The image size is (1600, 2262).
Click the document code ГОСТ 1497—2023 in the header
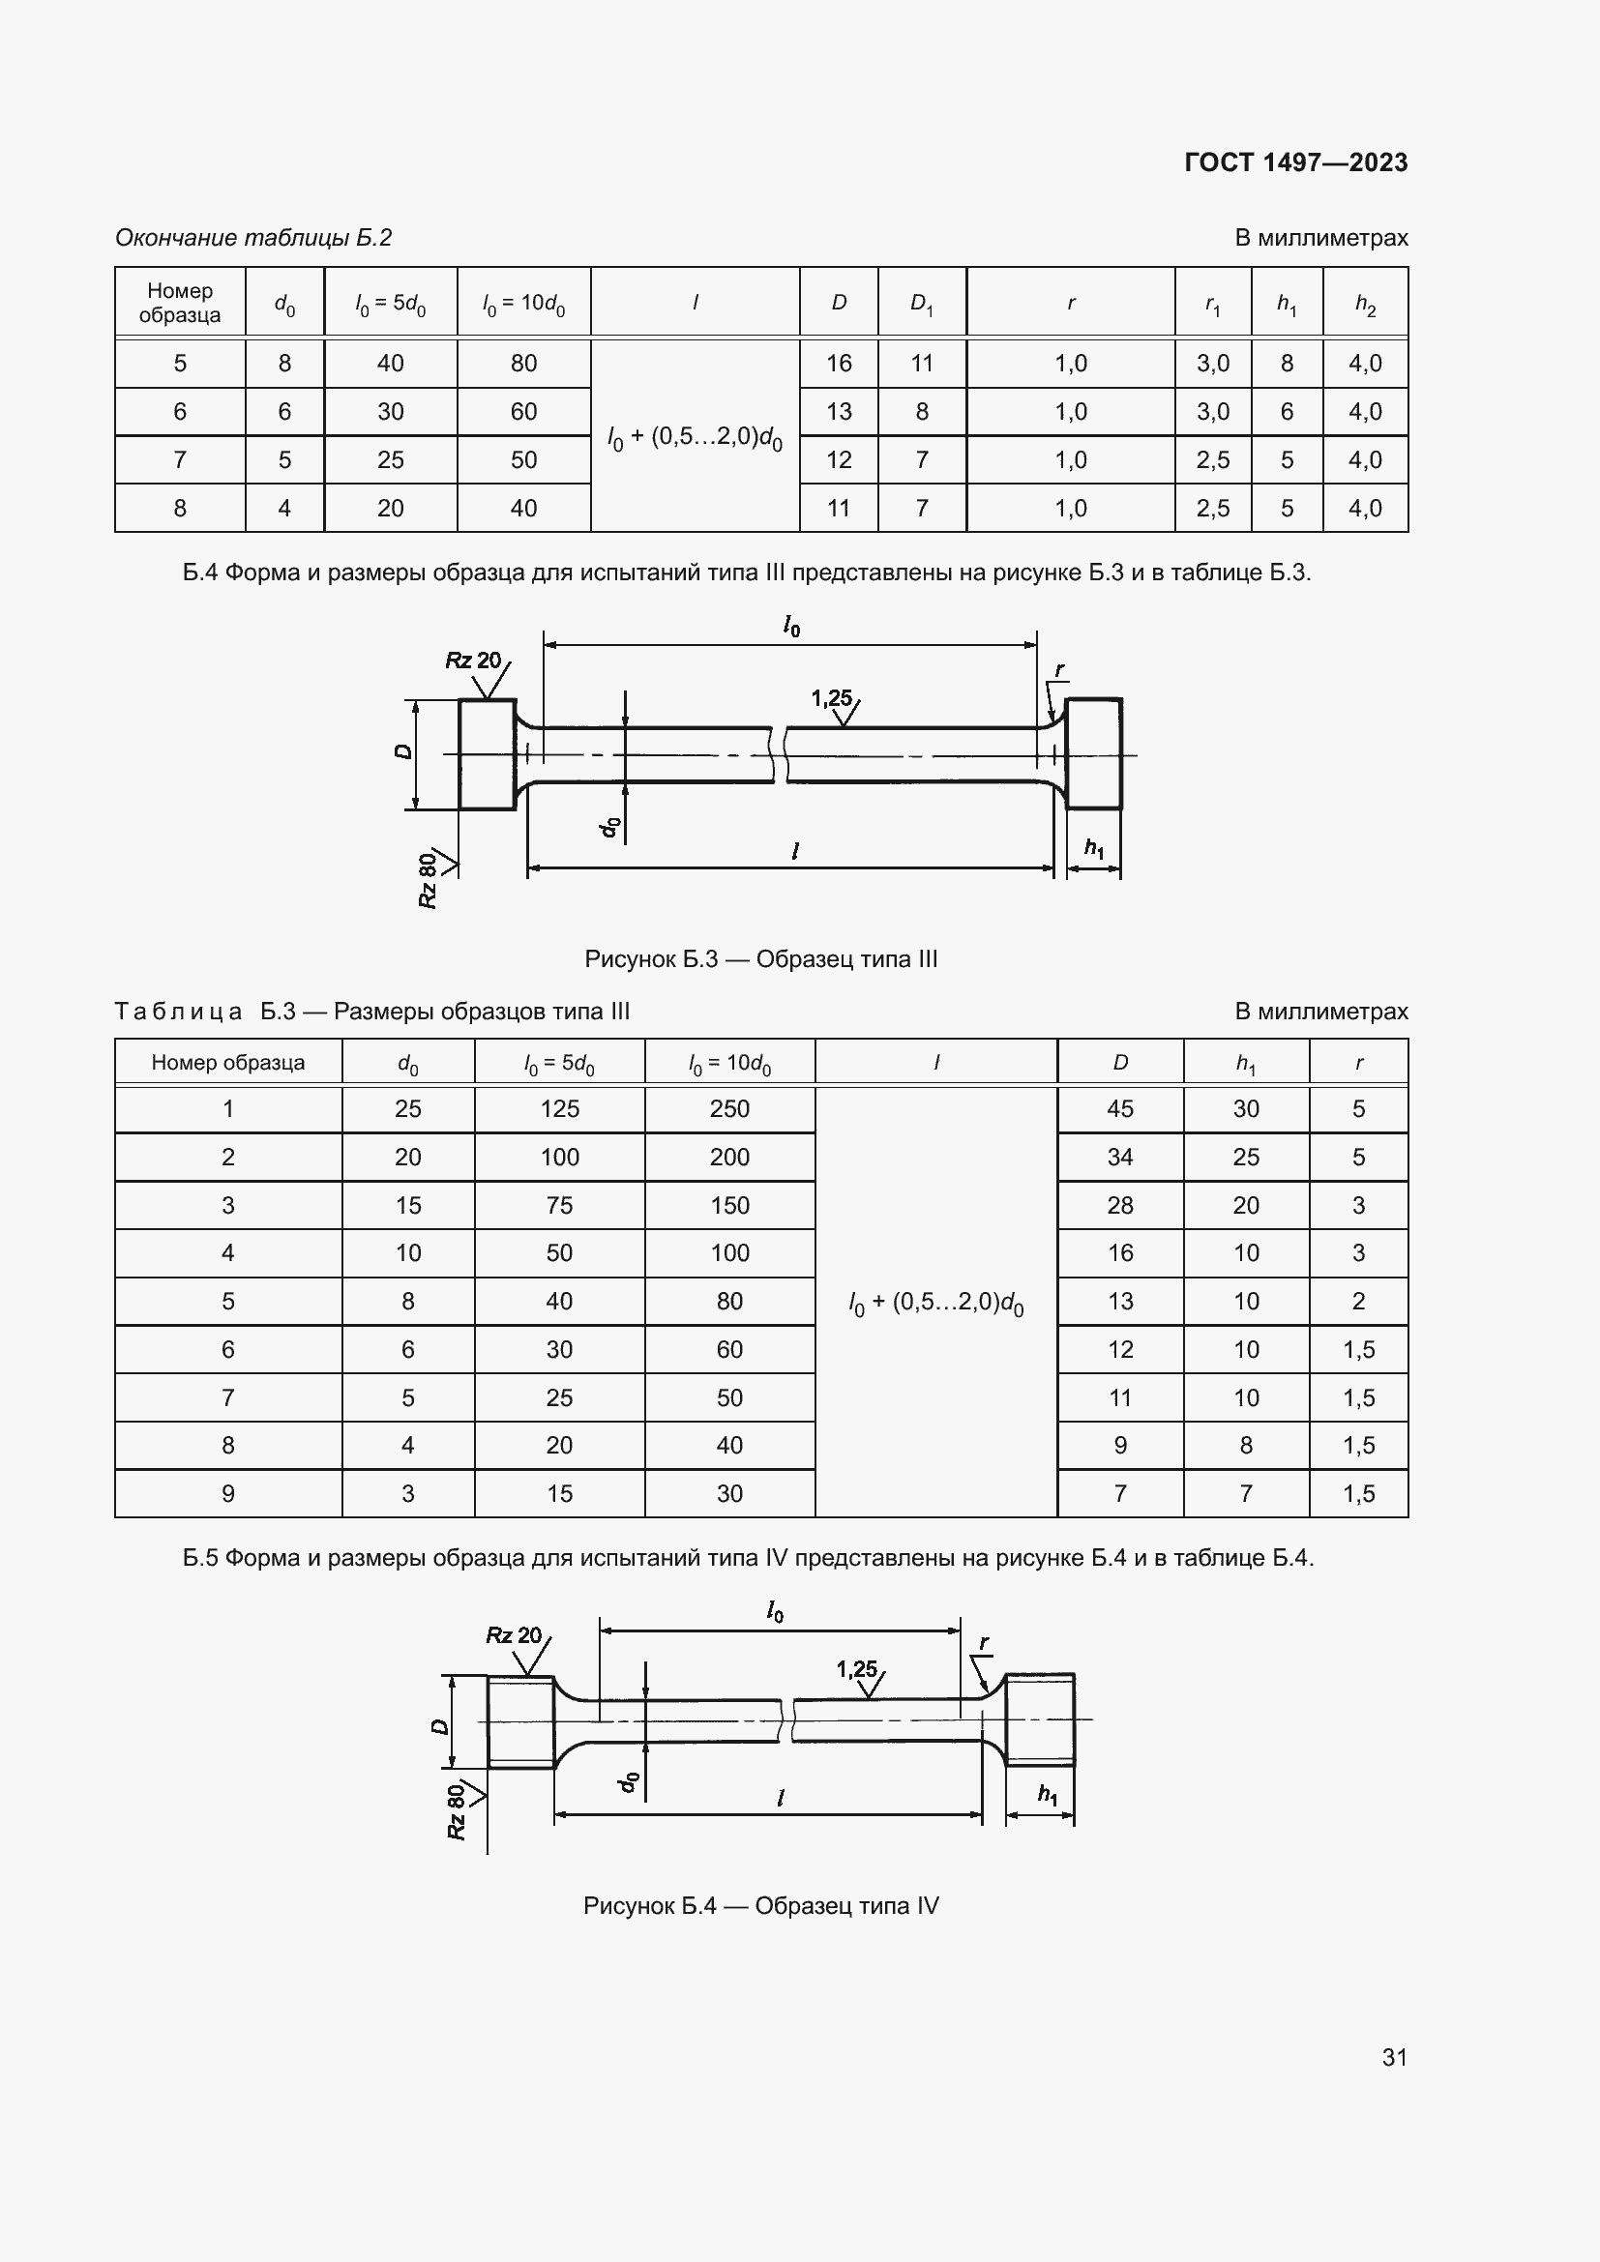tap(1294, 162)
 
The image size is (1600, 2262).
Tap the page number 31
tap(1394, 2056)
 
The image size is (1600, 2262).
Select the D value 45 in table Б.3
tap(1119, 1108)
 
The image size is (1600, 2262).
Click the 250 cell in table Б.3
tap(729, 1108)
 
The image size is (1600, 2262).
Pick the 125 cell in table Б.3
tap(558, 1108)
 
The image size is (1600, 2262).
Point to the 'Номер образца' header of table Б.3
tap(227, 1062)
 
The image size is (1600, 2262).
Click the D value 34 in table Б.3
tap(1119, 1157)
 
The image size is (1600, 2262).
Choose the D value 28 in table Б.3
tap(1119, 1205)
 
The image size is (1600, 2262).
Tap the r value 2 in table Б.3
tap(1357, 1301)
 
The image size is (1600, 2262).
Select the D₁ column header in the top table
tap(921, 303)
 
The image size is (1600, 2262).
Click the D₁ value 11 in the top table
tap(921, 364)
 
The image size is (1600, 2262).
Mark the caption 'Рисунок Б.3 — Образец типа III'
tap(760, 958)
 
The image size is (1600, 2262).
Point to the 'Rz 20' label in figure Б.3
tap(473, 661)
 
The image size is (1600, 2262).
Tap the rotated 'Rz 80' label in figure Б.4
tap(457, 1810)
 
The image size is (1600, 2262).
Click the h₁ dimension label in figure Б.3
tap(1094, 847)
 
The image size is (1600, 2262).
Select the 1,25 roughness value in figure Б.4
tap(856, 1669)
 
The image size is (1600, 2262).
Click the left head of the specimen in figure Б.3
tap(487, 754)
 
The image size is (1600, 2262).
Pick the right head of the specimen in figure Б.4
tap(1039, 1720)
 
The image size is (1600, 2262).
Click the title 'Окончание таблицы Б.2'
tap(253, 238)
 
